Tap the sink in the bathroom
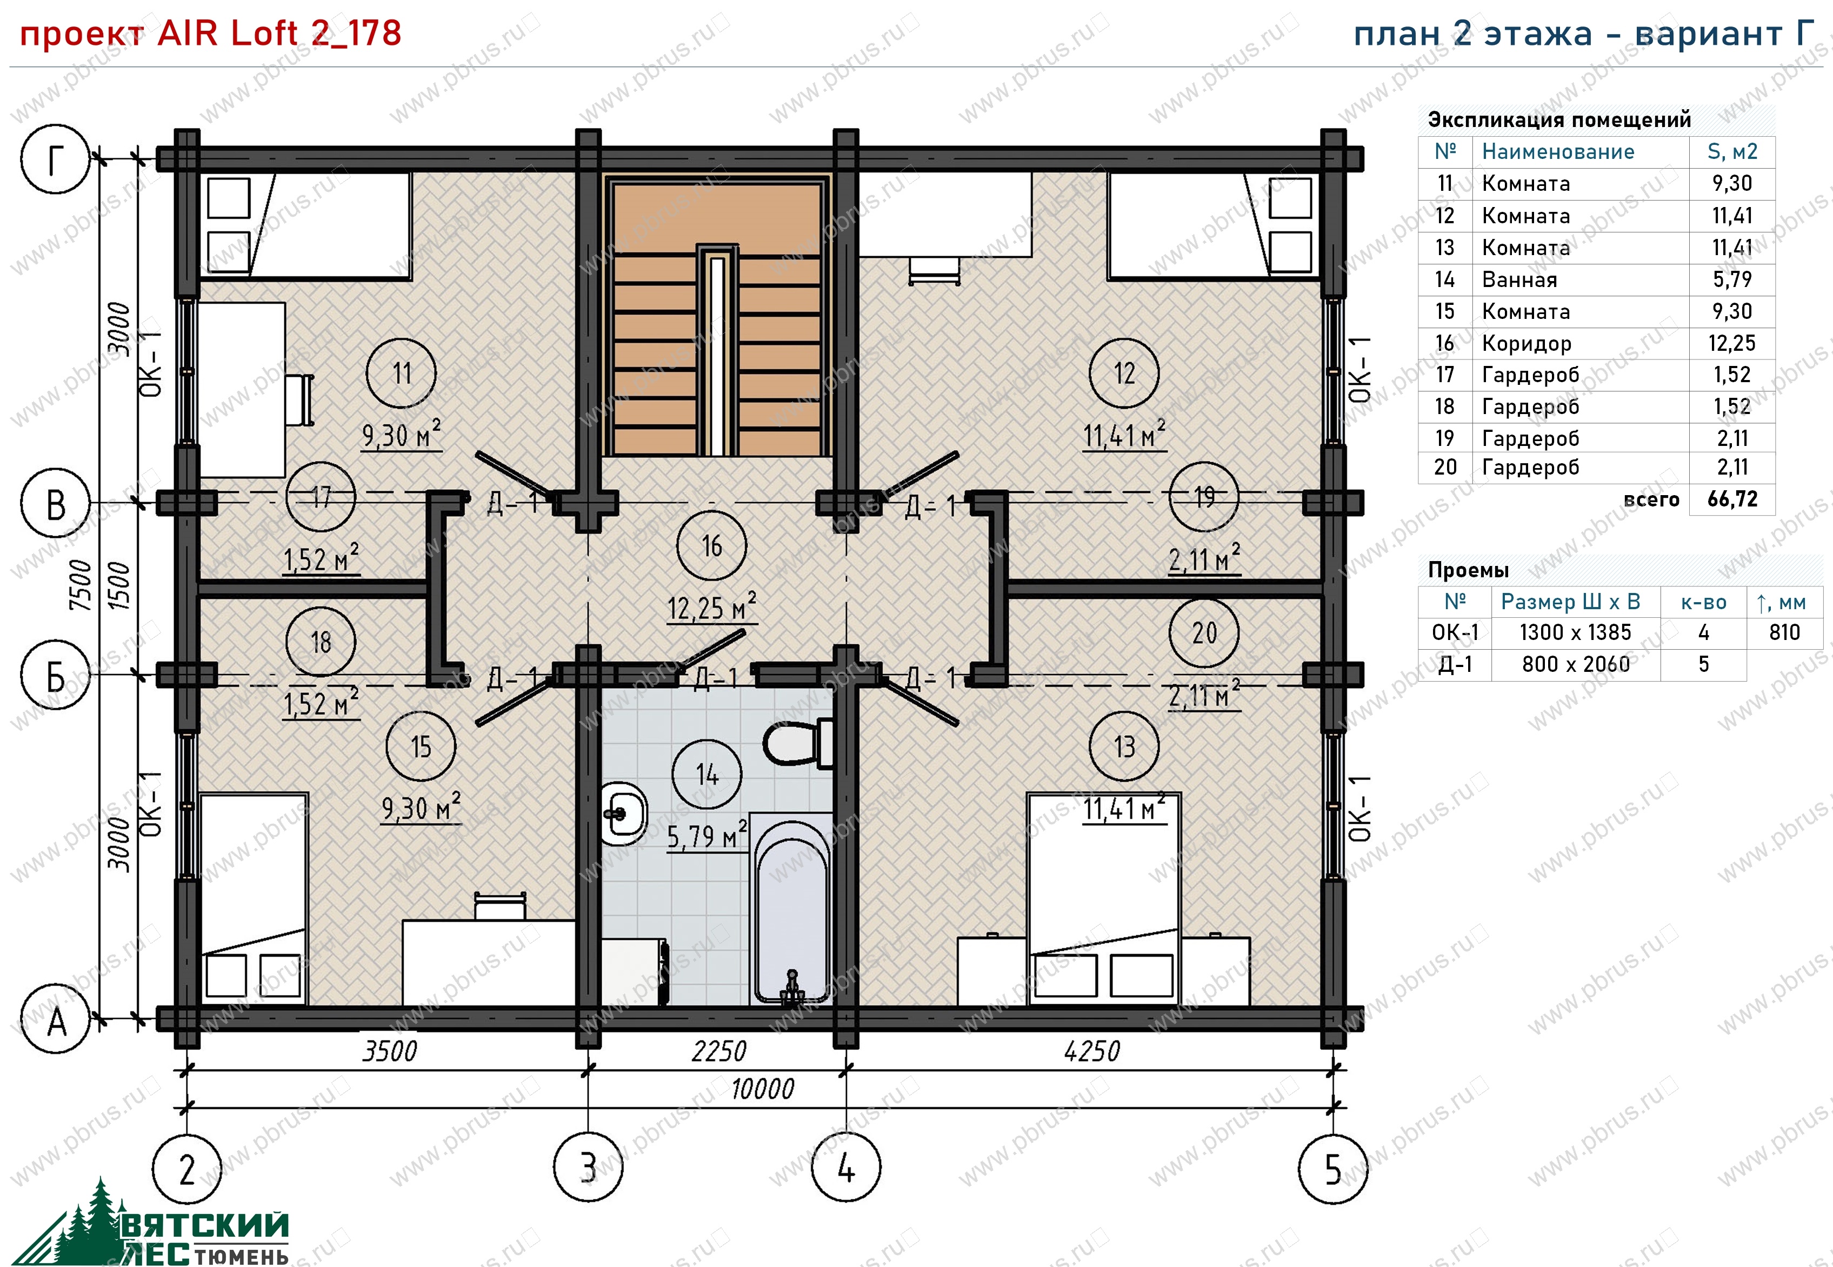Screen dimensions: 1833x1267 coord(622,813)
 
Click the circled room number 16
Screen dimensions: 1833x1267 coord(711,545)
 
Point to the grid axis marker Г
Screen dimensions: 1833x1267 coord(55,159)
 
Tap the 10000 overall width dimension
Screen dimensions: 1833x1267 coord(762,1089)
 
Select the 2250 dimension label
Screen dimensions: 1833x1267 coord(718,1051)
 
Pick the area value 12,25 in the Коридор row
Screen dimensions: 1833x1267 coord(1731,343)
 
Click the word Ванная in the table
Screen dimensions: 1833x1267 coord(1519,279)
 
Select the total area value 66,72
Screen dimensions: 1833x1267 coord(1732,499)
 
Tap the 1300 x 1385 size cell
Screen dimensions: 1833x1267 coord(1575,633)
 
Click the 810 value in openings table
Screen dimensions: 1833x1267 coord(1784,633)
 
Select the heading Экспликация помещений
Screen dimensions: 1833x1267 coord(1559,120)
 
